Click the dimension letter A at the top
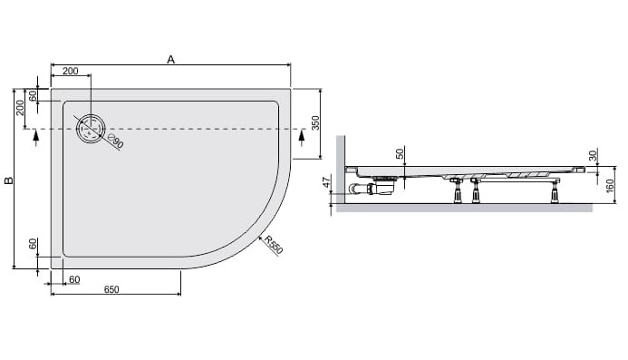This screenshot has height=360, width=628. coord(171,59)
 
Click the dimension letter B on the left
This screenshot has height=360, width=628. coord(9,180)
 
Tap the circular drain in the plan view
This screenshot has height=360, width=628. coord(92,129)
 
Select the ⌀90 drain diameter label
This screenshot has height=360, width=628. coord(116,141)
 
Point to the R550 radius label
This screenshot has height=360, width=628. coord(274,245)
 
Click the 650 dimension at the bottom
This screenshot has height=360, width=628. coord(111,289)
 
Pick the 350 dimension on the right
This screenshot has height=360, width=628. coord(315,122)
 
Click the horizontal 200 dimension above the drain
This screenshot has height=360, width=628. coord(71,71)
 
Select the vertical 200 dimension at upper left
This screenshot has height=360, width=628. coord(20,107)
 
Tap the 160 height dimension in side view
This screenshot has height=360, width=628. coord(610,186)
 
